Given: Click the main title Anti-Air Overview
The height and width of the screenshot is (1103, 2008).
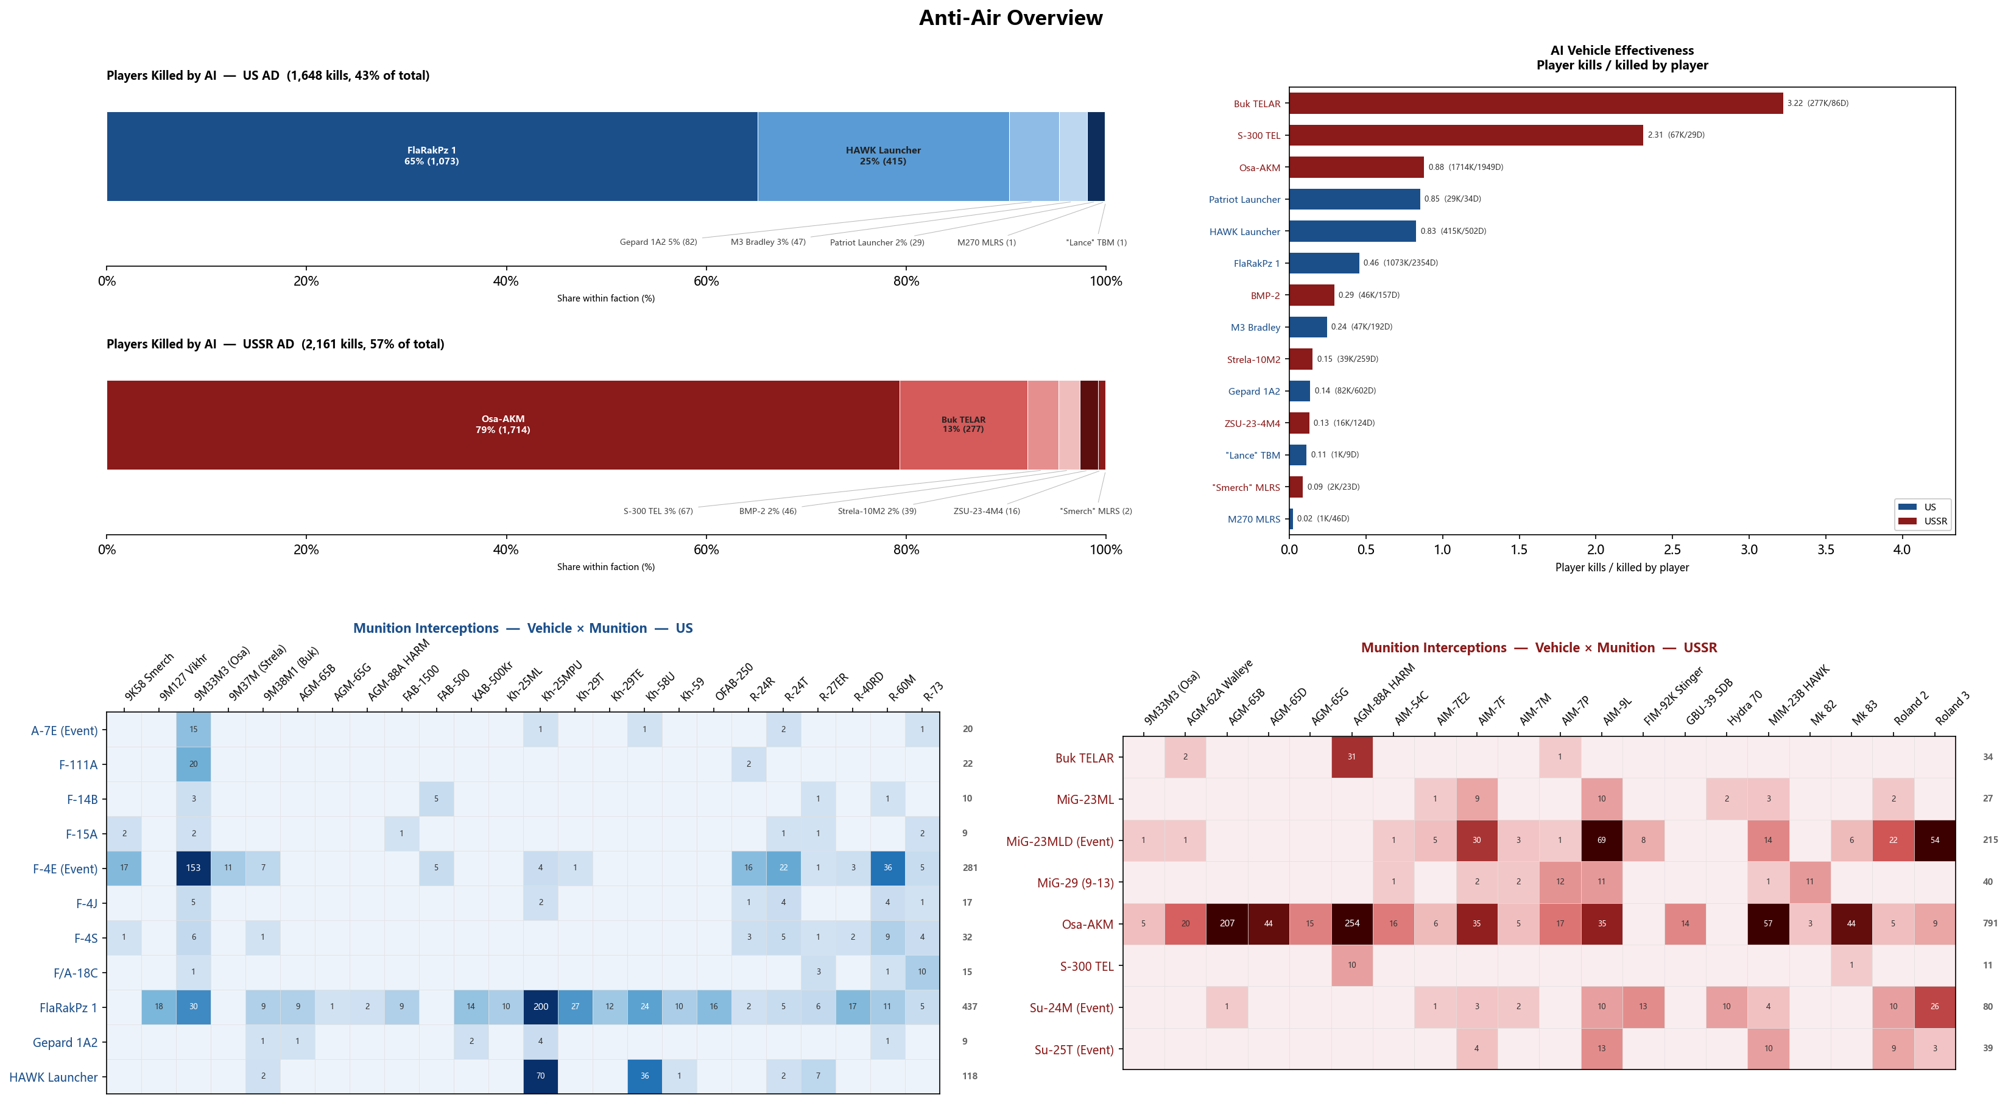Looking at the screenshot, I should click(1010, 18).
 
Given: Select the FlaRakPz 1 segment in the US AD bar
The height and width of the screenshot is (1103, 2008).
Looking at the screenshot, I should click(432, 156).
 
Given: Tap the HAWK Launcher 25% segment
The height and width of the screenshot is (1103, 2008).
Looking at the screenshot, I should click(883, 156).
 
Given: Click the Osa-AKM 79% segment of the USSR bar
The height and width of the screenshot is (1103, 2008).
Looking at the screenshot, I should click(503, 425).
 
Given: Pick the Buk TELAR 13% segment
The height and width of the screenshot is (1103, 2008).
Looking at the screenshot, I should click(963, 425).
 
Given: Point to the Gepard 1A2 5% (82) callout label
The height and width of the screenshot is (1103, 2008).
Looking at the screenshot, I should click(658, 242).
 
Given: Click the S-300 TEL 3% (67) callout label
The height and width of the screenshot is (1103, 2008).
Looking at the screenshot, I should click(658, 512).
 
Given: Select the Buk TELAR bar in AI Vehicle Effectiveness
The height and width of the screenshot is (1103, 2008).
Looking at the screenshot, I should click(1535, 103).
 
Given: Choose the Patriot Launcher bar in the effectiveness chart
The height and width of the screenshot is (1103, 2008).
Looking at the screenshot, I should click(1355, 199).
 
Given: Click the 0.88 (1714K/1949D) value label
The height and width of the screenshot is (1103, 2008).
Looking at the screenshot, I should click(1465, 167).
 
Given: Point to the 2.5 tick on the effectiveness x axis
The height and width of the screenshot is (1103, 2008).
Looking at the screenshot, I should click(1672, 549).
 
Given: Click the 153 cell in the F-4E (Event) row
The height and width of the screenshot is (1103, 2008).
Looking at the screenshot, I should click(193, 867).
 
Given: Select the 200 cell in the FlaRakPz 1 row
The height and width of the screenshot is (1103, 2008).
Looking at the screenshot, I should click(540, 1006).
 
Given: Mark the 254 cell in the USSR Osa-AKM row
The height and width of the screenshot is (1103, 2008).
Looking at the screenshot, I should click(1351, 924).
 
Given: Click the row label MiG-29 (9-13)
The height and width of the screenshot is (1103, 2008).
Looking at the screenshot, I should click(1075, 883).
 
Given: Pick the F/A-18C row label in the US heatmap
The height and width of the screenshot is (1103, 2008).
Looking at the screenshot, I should click(76, 972).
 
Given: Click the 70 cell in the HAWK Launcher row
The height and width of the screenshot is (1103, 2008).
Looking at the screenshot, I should click(540, 1076).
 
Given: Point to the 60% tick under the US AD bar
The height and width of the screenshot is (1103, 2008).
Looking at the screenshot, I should click(706, 281).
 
